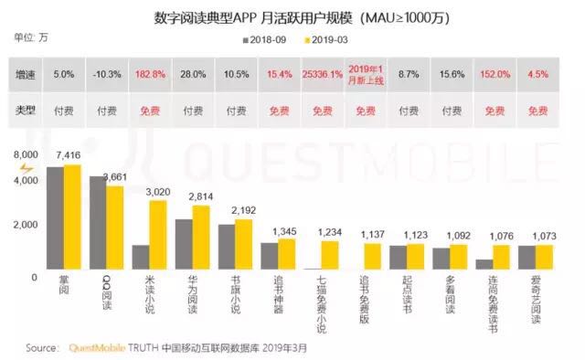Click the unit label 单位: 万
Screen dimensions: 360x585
27,37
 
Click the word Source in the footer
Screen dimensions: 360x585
43,348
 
